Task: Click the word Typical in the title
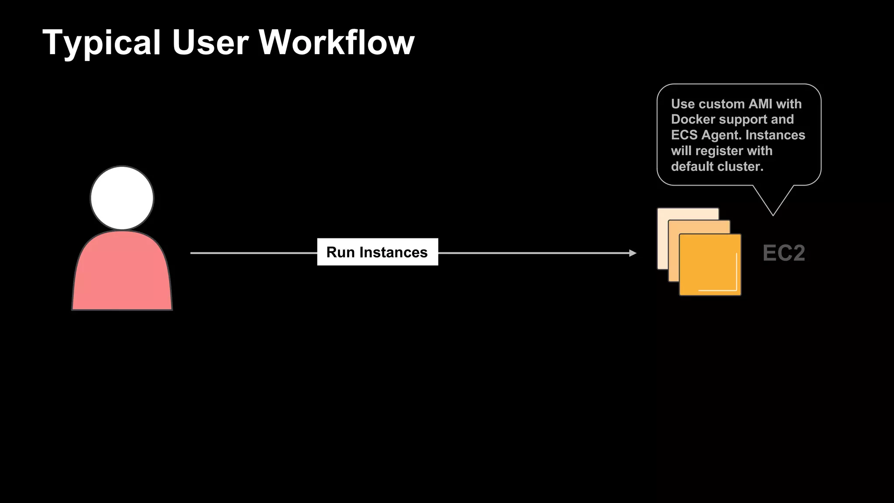[x=102, y=43]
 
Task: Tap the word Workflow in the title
[x=337, y=43]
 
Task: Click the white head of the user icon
[x=122, y=198]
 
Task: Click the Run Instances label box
[x=377, y=252]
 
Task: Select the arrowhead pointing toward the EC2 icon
[x=633, y=253]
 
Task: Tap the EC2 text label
[x=784, y=253]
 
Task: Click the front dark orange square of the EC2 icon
[x=710, y=265]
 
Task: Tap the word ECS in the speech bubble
[x=684, y=135]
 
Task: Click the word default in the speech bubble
[x=694, y=166]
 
